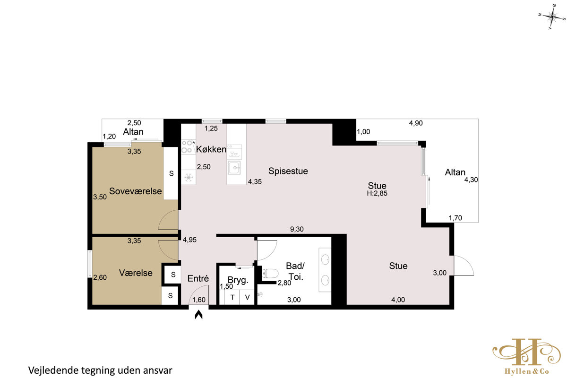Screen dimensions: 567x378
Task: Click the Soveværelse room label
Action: coord(136,191)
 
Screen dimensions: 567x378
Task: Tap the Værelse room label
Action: coord(136,273)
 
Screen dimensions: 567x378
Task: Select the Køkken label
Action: coord(211,149)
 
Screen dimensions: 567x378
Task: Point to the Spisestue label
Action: coord(288,171)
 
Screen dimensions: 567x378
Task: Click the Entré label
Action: coord(198,278)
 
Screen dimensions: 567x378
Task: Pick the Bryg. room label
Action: coord(238,280)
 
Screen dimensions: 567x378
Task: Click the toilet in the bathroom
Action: coord(270,274)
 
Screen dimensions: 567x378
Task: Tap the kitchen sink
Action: coord(234,168)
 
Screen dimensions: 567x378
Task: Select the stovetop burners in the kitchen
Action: coord(187,146)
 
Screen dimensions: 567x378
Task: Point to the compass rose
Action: coord(552,17)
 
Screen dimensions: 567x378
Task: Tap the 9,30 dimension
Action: coord(297,229)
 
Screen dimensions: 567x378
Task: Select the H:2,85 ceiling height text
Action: coord(377,193)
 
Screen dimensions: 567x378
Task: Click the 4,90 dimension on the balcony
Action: coord(416,123)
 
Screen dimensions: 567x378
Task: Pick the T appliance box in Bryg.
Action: coord(232,297)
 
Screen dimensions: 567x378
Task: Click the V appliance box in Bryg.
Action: coord(247,297)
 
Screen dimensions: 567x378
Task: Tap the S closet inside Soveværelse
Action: coord(171,173)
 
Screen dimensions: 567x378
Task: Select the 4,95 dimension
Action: coord(189,240)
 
